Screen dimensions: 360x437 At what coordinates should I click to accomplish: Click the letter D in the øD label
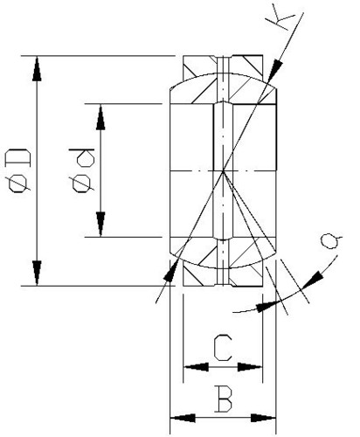click(x=17, y=157)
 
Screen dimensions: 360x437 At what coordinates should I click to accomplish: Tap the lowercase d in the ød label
click(x=82, y=157)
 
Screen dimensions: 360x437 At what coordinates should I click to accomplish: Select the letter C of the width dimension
click(x=223, y=348)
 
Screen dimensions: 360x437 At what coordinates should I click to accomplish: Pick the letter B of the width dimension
click(x=224, y=399)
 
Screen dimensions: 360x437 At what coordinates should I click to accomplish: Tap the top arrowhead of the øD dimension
click(x=37, y=69)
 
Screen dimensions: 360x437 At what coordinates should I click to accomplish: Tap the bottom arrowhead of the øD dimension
click(x=37, y=273)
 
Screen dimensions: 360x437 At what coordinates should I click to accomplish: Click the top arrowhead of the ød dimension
click(x=100, y=117)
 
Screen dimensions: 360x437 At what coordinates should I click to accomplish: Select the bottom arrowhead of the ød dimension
click(x=100, y=224)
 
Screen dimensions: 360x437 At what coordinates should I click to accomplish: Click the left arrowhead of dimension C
click(x=196, y=367)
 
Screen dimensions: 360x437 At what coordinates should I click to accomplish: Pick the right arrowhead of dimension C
click(x=250, y=367)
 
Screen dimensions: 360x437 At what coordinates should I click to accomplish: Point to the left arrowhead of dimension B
click(x=183, y=419)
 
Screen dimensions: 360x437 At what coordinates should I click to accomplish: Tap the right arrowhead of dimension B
click(x=263, y=419)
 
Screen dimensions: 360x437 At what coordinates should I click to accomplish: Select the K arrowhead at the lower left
click(x=171, y=270)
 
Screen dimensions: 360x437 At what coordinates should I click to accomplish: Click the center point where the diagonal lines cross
click(x=223, y=170)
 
